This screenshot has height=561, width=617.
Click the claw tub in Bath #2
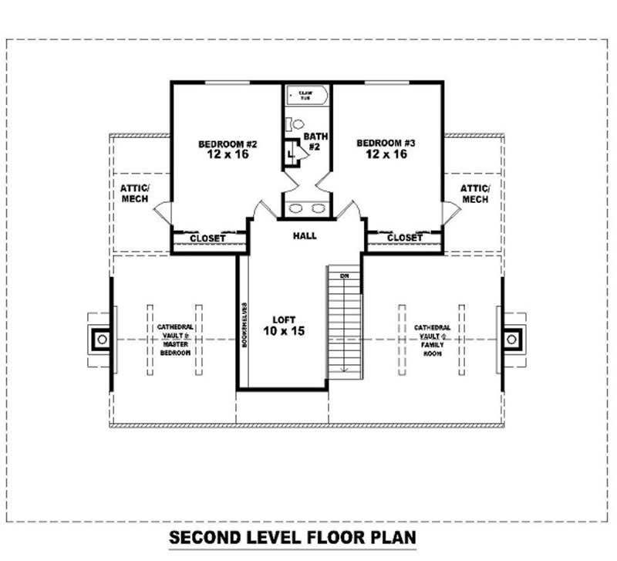(307, 96)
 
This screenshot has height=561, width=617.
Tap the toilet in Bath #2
(295, 123)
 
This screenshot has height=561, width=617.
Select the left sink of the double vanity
(296, 208)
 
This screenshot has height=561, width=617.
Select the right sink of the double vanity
(318, 208)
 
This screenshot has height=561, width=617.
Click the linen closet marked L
(291, 151)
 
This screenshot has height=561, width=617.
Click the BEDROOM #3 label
(386, 143)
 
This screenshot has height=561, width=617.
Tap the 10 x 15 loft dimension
(283, 331)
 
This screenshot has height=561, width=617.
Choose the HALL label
(305, 235)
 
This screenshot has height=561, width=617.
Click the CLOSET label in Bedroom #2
(207, 238)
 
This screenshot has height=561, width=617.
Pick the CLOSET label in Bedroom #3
(405, 238)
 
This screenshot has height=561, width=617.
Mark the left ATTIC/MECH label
(136, 194)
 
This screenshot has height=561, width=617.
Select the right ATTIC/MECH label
(475, 194)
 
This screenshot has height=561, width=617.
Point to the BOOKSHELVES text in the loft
(244, 324)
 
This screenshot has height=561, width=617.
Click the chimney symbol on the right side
(512, 338)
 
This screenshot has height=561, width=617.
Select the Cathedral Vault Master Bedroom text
(175, 340)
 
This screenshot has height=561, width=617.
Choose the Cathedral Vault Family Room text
(432, 340)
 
